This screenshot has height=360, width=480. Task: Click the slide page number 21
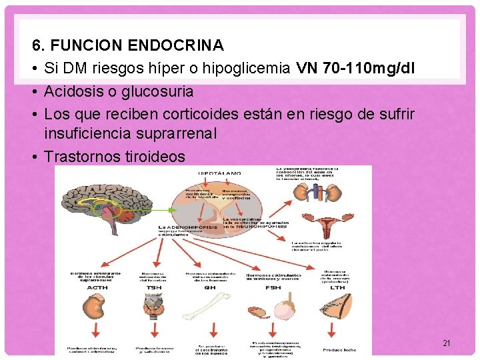[x=447, y=343]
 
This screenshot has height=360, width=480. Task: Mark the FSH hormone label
[x=273, y=288]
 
